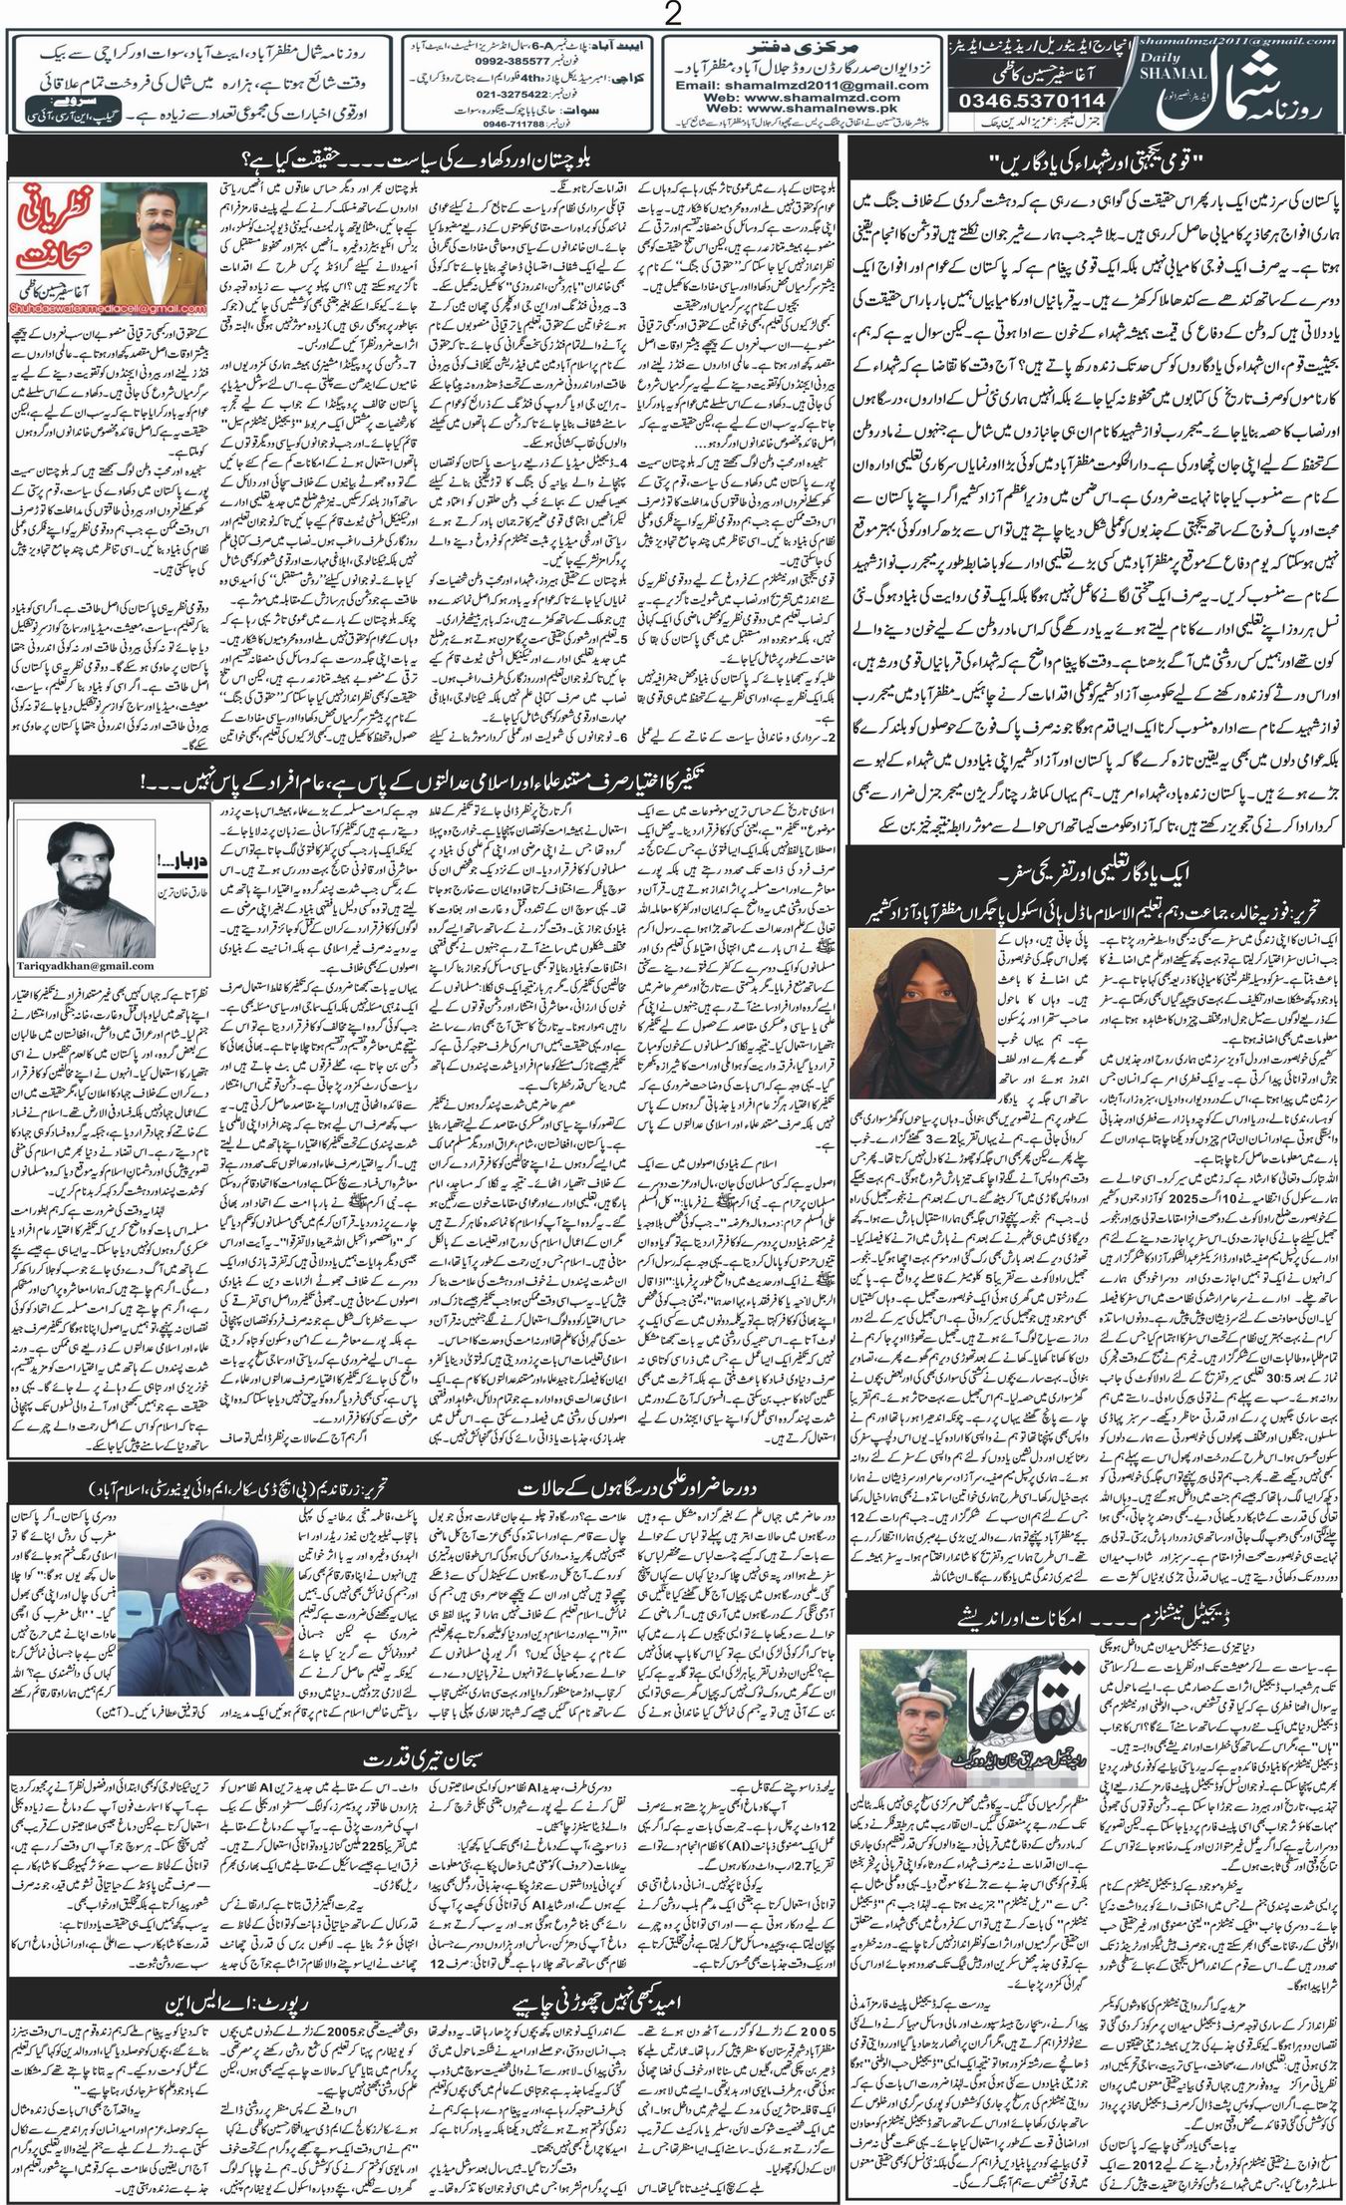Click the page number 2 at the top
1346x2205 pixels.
(x=674, y=14)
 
